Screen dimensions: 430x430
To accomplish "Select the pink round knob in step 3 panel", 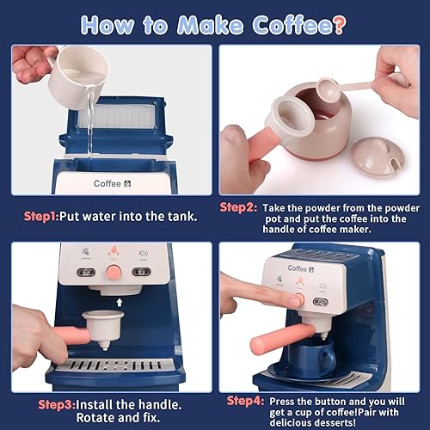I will click(113, 272).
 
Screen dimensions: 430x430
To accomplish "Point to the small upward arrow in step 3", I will click(120, 302).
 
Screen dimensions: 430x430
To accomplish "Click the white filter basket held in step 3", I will click(102, 326).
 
